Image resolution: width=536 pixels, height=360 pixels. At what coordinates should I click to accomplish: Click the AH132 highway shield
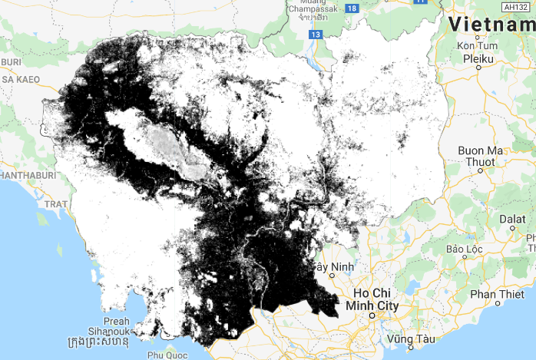(x=518, y=6)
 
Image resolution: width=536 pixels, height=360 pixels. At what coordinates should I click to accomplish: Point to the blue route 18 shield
(x=352, y=8)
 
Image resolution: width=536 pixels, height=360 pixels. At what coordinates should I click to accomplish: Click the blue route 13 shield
(x=316, y=35)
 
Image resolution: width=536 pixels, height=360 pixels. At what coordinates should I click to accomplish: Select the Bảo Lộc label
(x=464, y=249)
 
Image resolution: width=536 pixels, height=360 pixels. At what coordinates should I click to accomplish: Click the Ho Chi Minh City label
(x=374, y=299)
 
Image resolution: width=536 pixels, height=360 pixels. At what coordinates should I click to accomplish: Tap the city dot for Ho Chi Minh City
(x=373, y=315)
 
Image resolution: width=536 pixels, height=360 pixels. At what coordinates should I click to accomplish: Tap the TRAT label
(x=57, y=204)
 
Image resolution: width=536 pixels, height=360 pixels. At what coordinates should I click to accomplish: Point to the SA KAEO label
(x=15, y=79)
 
